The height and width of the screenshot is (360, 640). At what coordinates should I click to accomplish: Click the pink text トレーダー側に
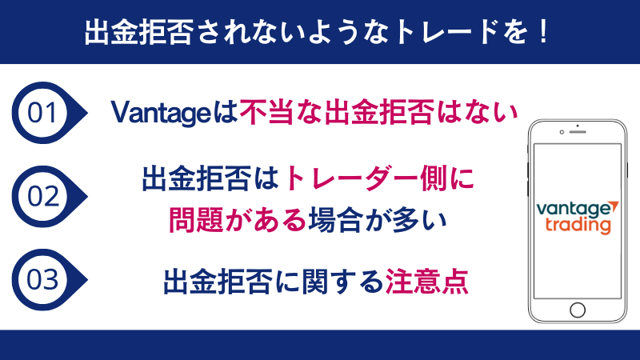(x=384, y=178)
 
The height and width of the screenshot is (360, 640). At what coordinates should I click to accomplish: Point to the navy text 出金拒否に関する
(x=273, y=281)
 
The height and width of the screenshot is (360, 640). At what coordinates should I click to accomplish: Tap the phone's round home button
(x=577, y=310)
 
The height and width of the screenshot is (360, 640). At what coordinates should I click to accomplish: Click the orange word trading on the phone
(x=578, y=226)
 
